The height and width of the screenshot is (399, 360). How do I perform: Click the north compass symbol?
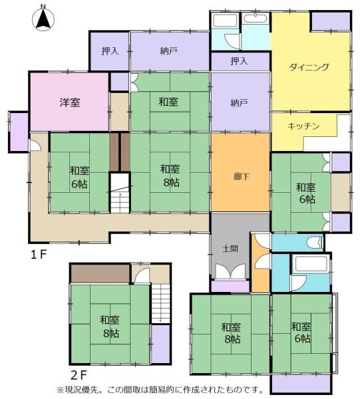click(x=43, y=19)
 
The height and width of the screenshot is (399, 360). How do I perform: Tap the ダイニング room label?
click(x=309, y=67)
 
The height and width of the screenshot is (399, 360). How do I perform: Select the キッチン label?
click(x=303, y=126)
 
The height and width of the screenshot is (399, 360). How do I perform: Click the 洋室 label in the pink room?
click(x=70, y=102)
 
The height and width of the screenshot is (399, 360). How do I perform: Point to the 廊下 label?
click(x=242, y=176)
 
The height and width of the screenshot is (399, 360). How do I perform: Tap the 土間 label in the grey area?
click(x=230, y=249)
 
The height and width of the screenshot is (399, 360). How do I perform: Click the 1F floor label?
click(x=39, y=254)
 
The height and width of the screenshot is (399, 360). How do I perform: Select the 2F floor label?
click(x=79, y=374)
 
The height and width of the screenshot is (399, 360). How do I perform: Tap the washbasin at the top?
click(x=255, y=19)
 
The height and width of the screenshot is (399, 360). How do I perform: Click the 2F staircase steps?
click(x=160, y=303)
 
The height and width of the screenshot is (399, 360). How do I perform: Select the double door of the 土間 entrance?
click(x=230, y=271)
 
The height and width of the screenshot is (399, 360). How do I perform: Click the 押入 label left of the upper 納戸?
click(x=110, y=51)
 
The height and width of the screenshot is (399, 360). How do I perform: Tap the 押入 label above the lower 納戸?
click(x=239, y=61)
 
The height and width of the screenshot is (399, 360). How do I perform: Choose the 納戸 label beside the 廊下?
click(x=240, y=103)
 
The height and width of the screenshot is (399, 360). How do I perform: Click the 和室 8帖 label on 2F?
click(x=110, y=327)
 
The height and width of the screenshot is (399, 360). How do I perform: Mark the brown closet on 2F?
click(x=100, y=273)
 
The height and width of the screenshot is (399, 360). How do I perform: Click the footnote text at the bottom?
click(x=160, y=390)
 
